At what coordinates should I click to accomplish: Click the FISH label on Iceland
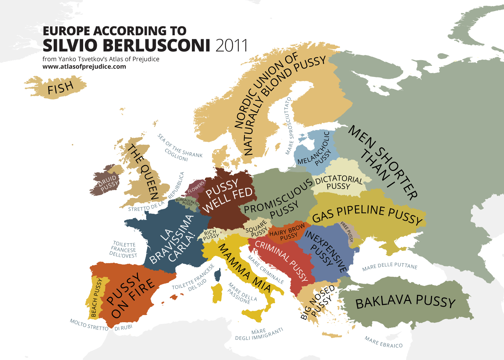click(x=60, y=88)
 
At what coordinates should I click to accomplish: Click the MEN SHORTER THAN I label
click(x=382, y=162)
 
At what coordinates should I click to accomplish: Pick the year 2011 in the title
click(x=232, y=46)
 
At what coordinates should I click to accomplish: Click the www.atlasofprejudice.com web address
click(x=84, y=67)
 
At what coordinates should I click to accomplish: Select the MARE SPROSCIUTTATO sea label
click(x=289, y=126)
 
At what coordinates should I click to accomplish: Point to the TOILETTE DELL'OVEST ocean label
click(x=123, y=250)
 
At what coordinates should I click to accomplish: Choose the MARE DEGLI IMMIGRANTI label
click(x=259, y=334)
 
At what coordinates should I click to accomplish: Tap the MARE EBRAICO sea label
click(x=383, y=342)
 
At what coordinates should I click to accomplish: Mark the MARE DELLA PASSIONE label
click(x=242, y=293)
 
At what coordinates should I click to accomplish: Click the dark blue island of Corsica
click(x=217, y=275)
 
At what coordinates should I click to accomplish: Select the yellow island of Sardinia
click(x=217, y=293)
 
